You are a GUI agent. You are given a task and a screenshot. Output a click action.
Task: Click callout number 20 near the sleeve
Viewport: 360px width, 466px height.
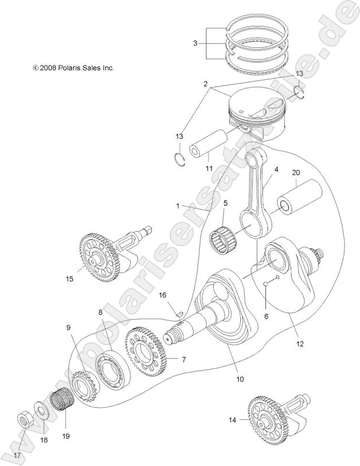[296, 172]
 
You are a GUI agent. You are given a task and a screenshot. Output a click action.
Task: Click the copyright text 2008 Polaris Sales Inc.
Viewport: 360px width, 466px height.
[73, 68]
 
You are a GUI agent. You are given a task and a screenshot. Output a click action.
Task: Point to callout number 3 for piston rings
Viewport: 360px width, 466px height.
[195, 43]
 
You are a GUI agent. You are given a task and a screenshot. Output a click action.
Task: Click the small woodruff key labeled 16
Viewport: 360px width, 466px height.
[180, 313]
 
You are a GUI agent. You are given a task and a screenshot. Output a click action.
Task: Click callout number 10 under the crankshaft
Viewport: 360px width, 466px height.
[239, 379]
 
